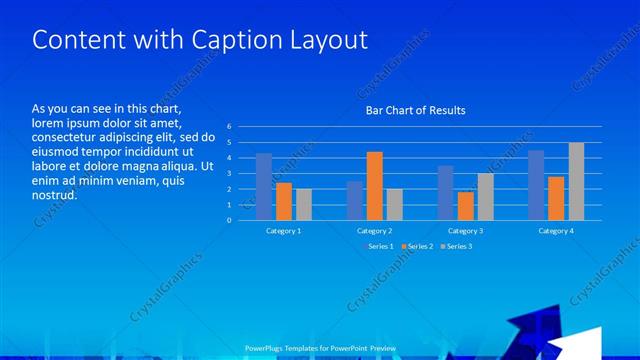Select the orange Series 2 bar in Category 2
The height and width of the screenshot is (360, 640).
(374, 186)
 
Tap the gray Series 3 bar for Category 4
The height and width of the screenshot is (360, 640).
(576, 181)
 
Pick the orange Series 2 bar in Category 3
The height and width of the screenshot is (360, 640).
(465, 206)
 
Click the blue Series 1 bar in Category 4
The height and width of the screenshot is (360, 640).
(536, 185)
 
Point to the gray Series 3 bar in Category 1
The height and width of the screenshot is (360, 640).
(303, 204)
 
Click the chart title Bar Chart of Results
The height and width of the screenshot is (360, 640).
(415, 110)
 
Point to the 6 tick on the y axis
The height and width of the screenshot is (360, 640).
(229, 127)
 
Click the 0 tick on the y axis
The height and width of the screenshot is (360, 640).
(229, 220)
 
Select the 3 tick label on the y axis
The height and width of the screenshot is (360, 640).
(229, 173)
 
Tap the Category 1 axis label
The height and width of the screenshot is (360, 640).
(284, 231)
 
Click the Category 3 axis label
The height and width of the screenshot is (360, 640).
(465, 231)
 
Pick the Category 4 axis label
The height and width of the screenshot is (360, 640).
(556, 231)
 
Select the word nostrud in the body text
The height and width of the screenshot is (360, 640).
(54, 196)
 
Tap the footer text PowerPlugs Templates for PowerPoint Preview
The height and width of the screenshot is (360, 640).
(321, 348)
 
